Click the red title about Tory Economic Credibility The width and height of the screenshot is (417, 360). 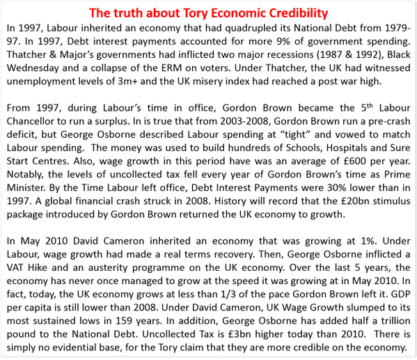click(208, 14)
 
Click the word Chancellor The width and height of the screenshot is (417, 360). click(34, 121)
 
